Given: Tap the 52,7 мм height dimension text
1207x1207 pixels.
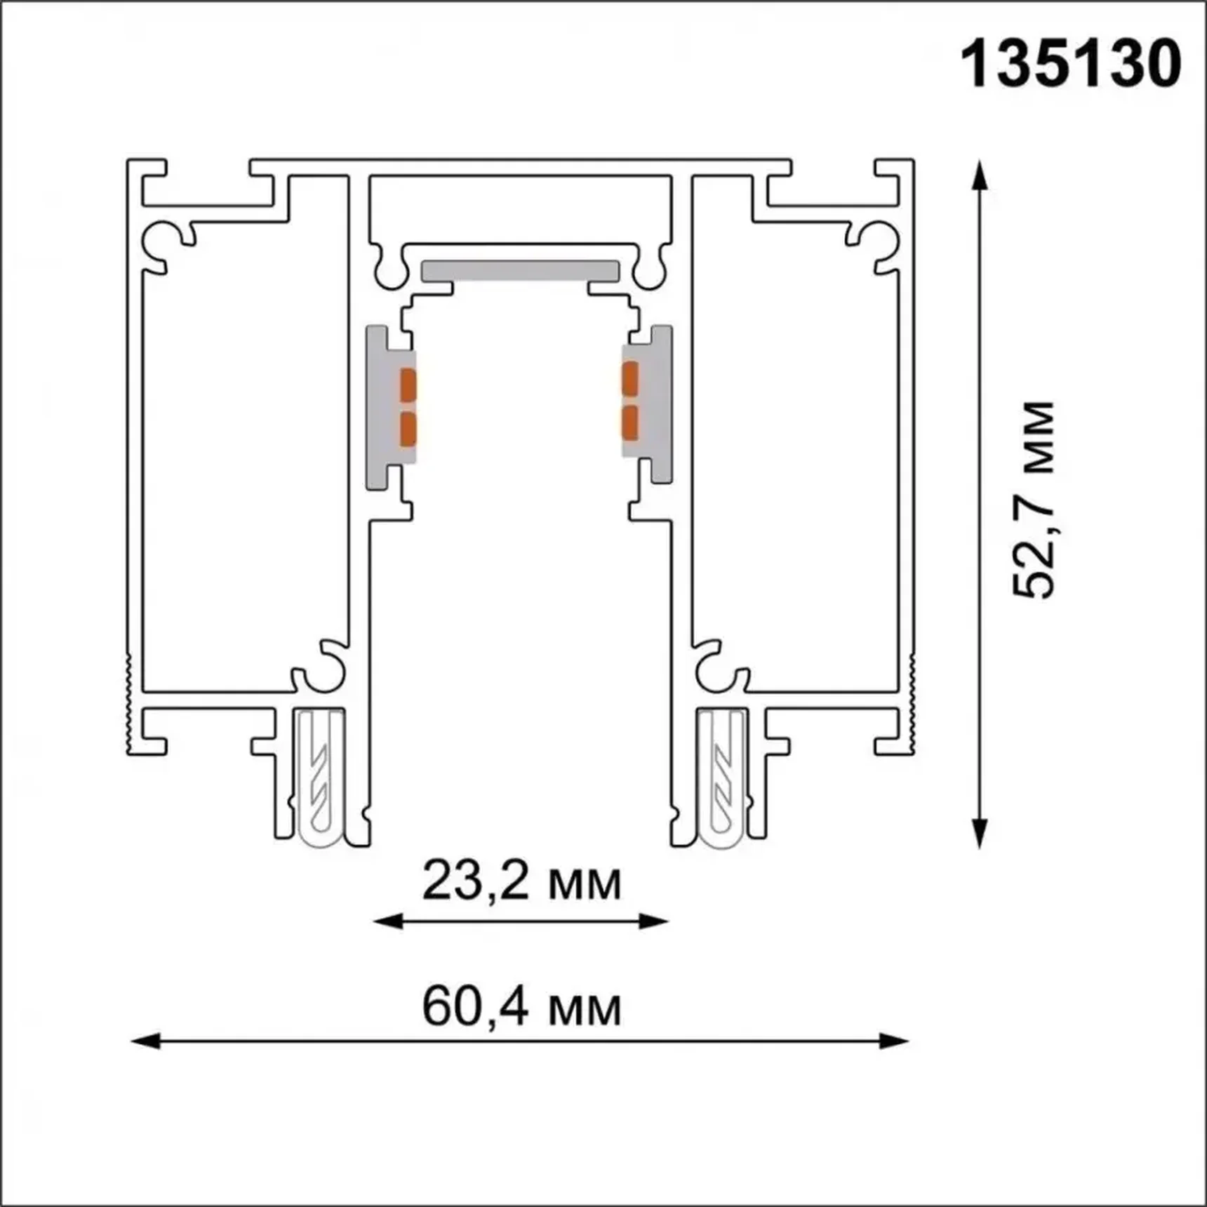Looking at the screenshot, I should point(1034,500).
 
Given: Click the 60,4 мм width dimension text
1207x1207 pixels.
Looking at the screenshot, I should point(521,1007).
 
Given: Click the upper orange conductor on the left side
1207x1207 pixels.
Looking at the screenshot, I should point(408,385).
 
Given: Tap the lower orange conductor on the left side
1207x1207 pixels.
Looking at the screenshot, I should point(408,429).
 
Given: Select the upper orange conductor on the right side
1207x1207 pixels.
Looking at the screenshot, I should point(630,380).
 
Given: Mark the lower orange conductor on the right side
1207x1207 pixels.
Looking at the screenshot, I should point(630,422).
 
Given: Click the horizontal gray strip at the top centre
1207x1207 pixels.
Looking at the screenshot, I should point(520,271).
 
